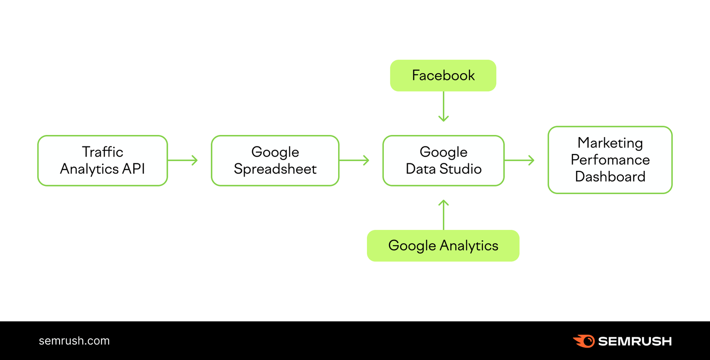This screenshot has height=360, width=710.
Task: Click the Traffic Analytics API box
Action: (103, 160)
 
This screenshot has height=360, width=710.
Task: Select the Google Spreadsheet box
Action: (275, 160)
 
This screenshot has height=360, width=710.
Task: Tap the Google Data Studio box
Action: (443, 160)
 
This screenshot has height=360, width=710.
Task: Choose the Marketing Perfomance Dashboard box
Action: (610, 160)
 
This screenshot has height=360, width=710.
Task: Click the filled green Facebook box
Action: (443, 75)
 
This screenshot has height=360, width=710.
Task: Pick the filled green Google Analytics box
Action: (443, 245)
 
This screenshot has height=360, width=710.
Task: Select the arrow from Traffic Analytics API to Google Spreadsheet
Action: (183, 160)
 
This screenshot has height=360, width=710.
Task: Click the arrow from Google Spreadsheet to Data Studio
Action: (355, 160)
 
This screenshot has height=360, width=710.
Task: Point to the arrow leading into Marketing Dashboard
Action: (520, 160)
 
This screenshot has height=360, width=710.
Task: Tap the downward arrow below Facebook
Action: (443, 107)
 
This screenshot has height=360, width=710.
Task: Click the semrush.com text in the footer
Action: (74, 341)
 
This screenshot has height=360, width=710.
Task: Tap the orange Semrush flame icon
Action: (584, 341)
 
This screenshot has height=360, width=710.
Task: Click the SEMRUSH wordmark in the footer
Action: (635, 341)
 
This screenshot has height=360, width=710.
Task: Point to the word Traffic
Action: (103, 152)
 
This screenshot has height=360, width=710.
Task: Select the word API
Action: (134, 169)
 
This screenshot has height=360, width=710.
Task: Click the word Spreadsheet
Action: (275, 169)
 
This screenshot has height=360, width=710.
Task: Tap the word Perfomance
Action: (610, 160)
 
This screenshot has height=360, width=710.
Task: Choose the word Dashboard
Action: (610, 177)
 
